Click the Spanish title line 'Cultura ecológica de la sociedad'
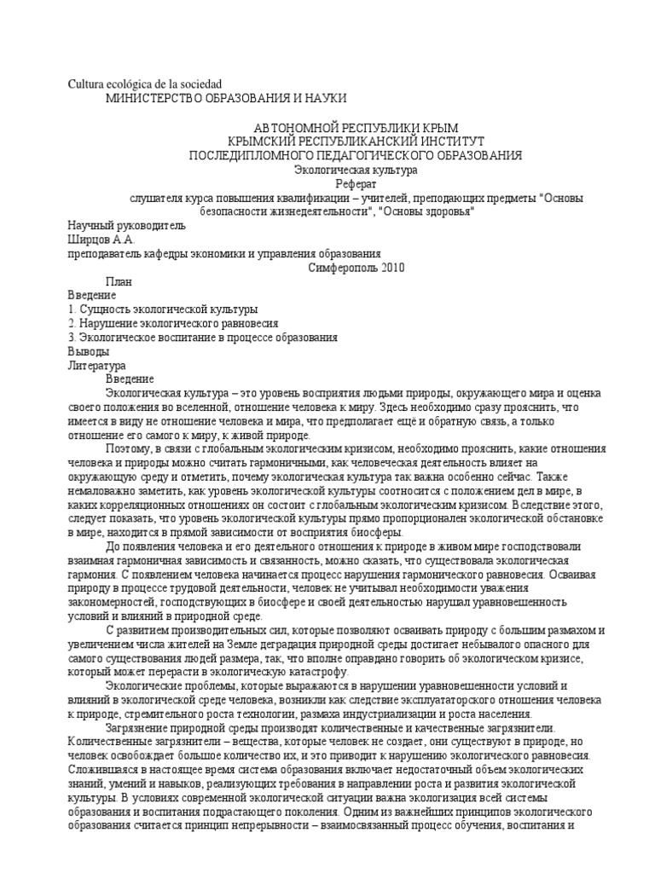[x=144, y=84]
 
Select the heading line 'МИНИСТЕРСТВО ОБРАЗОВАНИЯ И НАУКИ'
[x=225, y=99]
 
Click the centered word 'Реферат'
[x=355, y=183]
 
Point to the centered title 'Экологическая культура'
[x=355, y=170]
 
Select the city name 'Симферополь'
[x=335, y=267]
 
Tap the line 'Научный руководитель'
[x=125, y=226]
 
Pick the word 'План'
[x=119, y=281]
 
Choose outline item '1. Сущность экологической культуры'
[x=162, y=309]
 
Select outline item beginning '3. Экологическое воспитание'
[x=202, y=337]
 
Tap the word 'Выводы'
[x=88, y=350]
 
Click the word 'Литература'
[x=96, y=365]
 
